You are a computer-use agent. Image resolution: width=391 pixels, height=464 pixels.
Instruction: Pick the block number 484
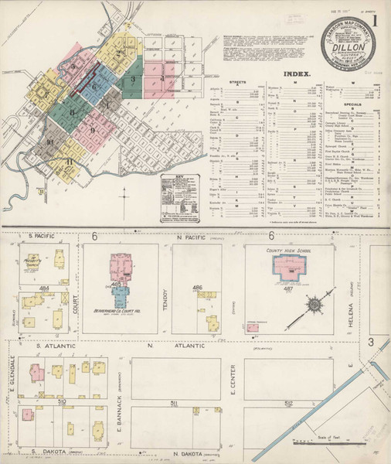pos(45,288)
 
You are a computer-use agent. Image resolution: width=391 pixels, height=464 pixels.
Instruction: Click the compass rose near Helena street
pos(318,303)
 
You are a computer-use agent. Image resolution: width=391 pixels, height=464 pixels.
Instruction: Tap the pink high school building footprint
pos(290,266)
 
